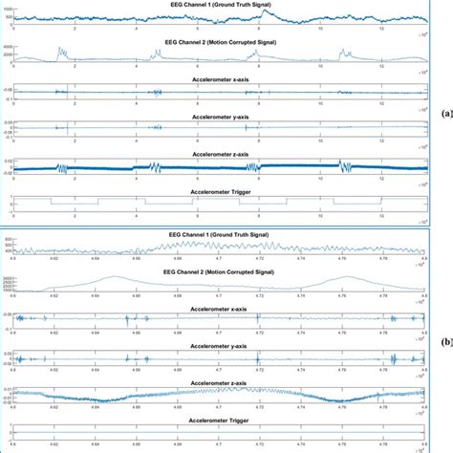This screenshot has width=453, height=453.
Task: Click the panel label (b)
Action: tap(444, 338)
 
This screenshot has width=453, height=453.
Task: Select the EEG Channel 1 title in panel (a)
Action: tap(218, 4)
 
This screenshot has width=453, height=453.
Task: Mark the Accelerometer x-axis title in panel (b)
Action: tap(218, 308)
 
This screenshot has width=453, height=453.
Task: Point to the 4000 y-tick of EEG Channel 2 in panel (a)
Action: tap(10, 46)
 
